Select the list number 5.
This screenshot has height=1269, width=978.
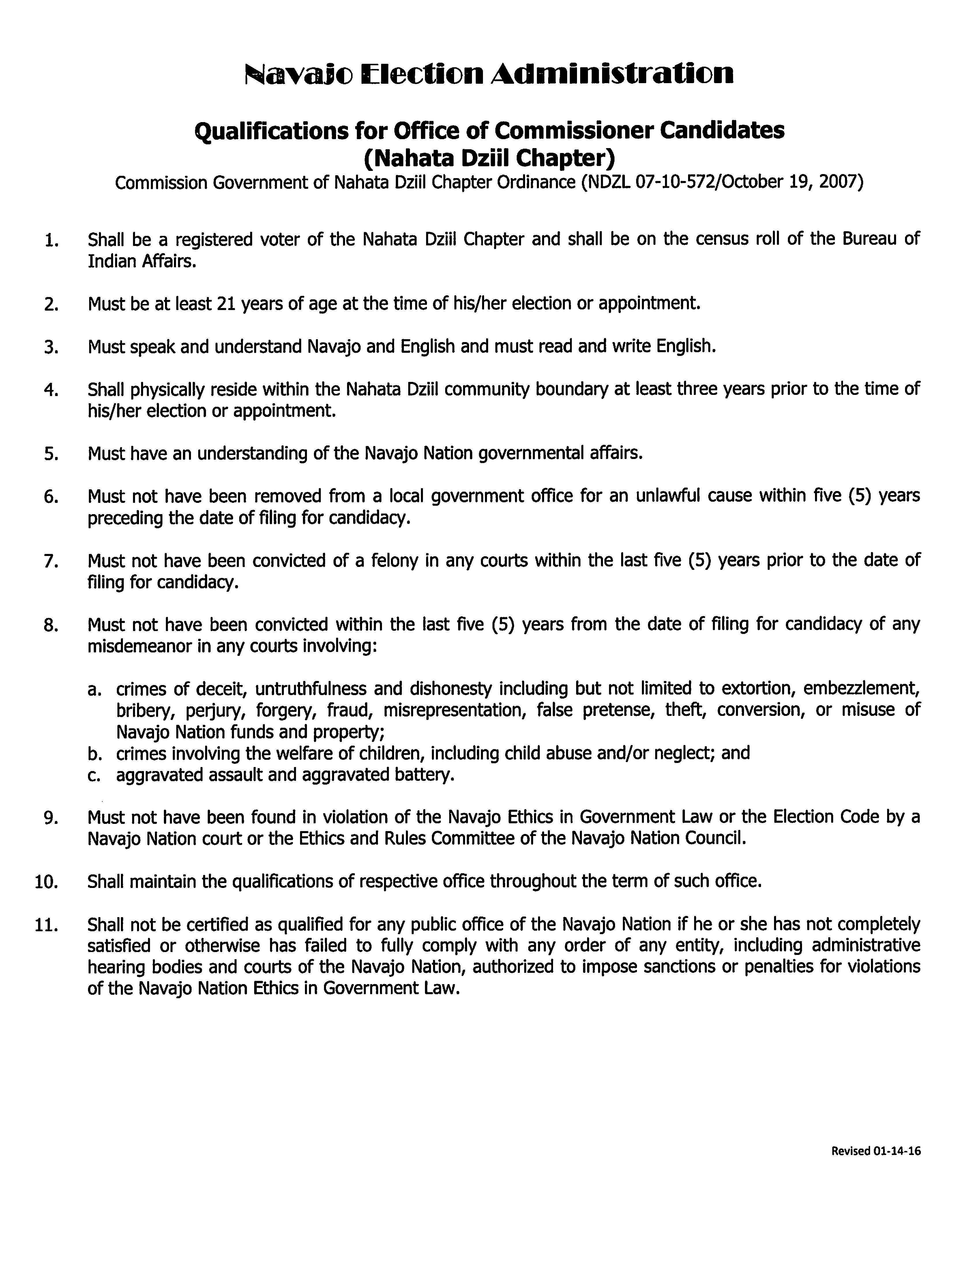click(x=51, y=454)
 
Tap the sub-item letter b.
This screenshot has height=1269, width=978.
click(x=94, y=754)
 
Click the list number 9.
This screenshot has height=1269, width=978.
click(x=51, y=818)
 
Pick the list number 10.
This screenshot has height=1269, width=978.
click(x=46, y=882)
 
